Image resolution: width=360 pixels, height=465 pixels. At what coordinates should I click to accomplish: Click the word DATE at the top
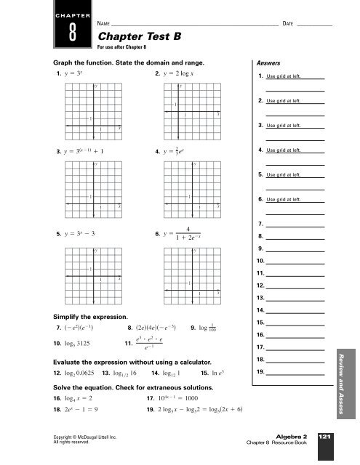(289, 23)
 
